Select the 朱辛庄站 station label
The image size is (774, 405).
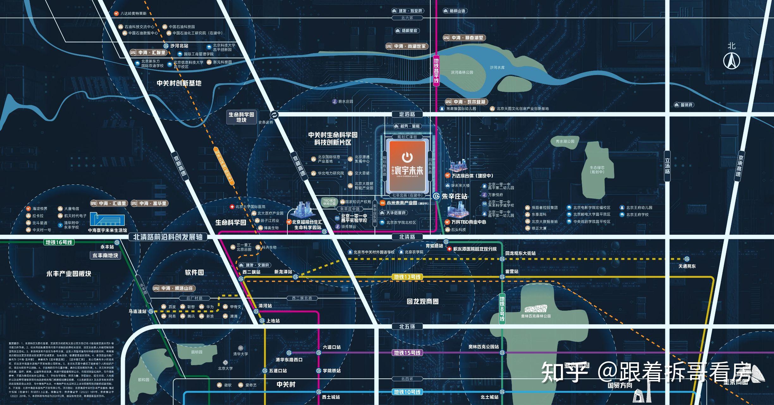(x=454, y=196)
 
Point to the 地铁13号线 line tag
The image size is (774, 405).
(x=407, y=277)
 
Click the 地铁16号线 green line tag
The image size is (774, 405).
(x=59, y=242)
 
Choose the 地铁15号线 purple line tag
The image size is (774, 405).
(x=407, y=353)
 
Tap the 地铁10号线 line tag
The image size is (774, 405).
(x=407, y=392)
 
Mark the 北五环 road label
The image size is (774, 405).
(x=407, y=327)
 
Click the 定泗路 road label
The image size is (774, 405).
(x=407, y=114)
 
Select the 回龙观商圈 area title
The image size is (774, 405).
(x=422, y=302)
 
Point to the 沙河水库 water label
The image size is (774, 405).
(x=497, y=67)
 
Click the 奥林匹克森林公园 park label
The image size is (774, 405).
(x=536, y=316)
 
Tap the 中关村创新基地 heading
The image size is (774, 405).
(x=179, y=83)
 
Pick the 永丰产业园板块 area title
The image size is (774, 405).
(x=69, y=274)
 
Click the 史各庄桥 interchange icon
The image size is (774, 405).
(x=274, y=115)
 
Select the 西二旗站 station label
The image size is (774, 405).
(x=251, y=272)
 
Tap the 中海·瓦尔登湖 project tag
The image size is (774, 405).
(x=467, y=102)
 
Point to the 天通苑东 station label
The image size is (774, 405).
(x=687, y=266)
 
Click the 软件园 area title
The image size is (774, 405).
(x=194, y=272)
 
